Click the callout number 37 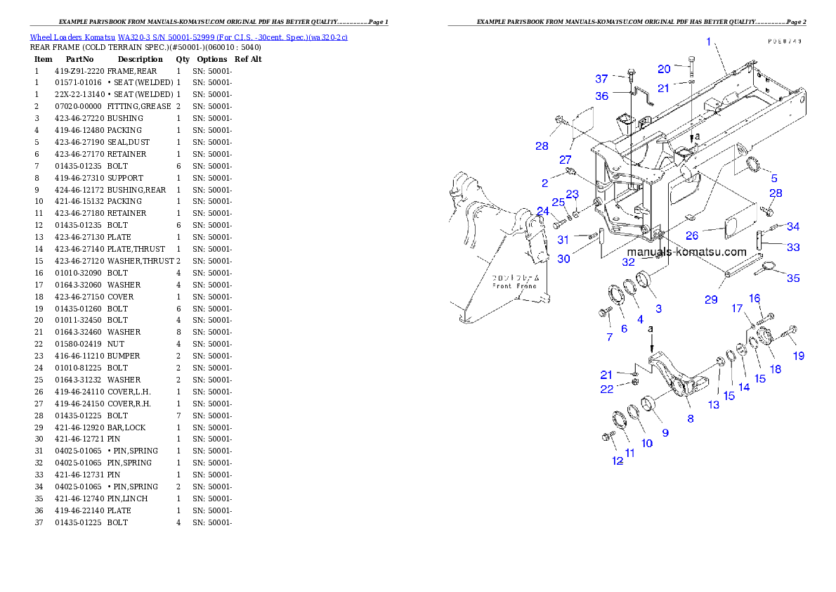[601, 79]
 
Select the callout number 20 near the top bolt [664, 69]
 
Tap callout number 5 [773, 177]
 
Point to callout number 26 [692, 236]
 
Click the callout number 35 [792, 278]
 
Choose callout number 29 [711, 300]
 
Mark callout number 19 [799, 356]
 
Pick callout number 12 [618, 461]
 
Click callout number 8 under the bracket [691, 418]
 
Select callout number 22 [606, 389]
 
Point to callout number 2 [544, 183]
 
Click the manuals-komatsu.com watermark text [686, 252]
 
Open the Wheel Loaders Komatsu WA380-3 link [188, 37]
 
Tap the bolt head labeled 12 [606, 437]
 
